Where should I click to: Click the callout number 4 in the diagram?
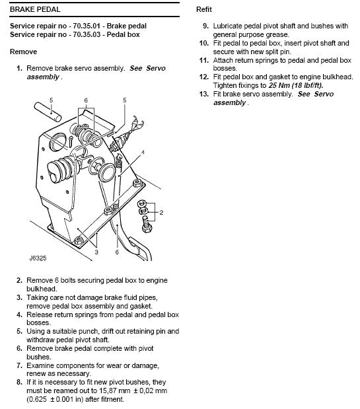click(143, 153)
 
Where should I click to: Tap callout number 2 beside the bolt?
click(161, 212)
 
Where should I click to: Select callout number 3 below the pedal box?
click(96, 252)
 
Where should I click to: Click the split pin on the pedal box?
click(71, 141)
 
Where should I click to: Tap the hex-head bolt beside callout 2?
click(147, 225)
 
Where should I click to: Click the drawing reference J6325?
click(38, 258)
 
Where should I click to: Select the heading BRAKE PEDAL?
click(35, 9)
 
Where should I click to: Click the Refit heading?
click(204, 9)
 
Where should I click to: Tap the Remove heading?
click(24, 52)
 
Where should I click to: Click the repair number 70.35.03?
click(87, 34)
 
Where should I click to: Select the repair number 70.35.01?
click(87, 26)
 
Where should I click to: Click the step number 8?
click(19, 382)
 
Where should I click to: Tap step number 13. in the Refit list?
click(204, 94)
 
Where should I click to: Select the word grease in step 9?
click(277, 35)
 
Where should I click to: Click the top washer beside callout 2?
click(142, 203)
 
